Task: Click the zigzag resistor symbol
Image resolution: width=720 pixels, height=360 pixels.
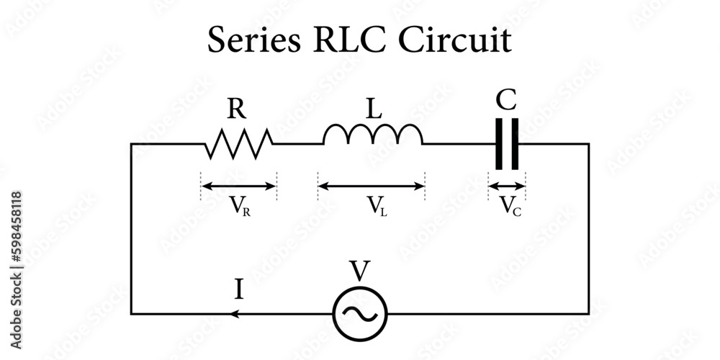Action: (238, 144)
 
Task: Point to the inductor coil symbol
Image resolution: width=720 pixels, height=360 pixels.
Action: (372, 135)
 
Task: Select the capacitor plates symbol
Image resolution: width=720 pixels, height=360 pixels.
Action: (507, 144)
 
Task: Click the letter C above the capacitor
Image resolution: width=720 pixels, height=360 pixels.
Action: (507, 101)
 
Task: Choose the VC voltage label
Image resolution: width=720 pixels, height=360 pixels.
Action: (508, 207)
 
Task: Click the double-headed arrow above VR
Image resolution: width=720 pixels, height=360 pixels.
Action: (238, 186)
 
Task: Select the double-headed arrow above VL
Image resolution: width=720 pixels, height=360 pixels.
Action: (372, 186)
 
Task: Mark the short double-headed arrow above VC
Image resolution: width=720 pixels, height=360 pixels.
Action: (507, 186)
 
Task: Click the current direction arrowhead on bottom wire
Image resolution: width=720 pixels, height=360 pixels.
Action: (233, 314)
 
